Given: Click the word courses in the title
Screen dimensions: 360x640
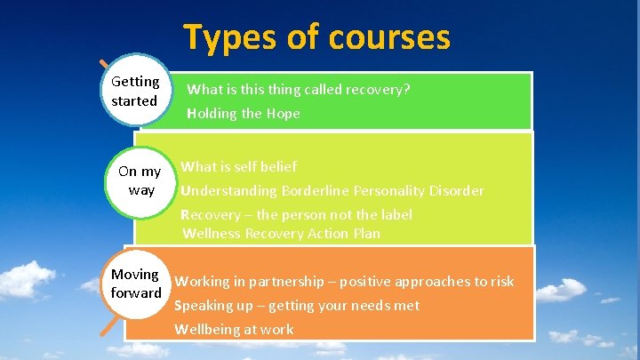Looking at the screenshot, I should coord(388,37).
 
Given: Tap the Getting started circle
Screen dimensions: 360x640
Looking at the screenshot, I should coord(135,92).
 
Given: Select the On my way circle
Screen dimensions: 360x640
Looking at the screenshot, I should coord(140,180).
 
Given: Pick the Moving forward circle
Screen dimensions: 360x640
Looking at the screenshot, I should coord(136,284).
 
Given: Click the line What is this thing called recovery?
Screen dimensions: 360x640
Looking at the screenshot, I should coord(299,90).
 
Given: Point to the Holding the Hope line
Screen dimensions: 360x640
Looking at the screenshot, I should coord(244,114).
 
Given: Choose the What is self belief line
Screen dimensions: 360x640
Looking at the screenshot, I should coord(239,166).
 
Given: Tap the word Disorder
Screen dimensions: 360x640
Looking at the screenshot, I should coord(455,191).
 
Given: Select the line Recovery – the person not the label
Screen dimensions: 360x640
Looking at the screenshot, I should coord(296,215).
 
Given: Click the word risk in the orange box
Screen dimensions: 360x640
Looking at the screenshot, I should coord(501,282).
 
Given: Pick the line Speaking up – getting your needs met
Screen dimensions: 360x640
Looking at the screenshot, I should coord(297,306).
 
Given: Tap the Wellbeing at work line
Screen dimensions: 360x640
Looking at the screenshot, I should coord(234,330).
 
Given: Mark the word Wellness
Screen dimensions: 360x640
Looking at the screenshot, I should coord(212,234).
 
